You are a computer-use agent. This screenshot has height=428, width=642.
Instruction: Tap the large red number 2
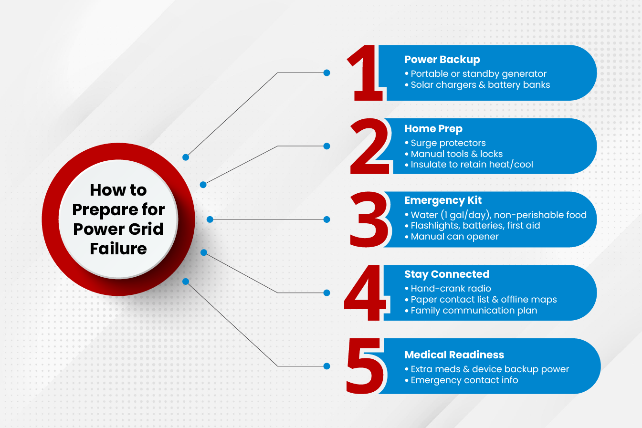pos(370,146)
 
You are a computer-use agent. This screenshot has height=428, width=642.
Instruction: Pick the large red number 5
pos(365,366)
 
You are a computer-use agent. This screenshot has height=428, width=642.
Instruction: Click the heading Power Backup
pos(442,60)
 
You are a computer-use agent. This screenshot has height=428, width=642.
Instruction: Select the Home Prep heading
pos(433,129)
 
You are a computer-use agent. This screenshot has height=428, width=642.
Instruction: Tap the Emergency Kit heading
pos(443,200)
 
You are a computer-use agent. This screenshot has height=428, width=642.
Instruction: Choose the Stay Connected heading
pos(447,274)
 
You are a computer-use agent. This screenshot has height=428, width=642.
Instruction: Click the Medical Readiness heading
pos(454,355)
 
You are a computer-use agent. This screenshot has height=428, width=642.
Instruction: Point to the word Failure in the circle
pos(118,249)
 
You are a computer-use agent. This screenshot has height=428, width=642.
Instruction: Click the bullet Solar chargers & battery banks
pos(477,85)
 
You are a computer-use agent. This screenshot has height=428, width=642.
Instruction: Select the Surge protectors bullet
pos(445,143)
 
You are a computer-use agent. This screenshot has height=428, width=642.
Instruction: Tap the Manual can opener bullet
pos(452,237)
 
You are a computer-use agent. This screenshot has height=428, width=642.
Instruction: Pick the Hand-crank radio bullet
pos(448,289)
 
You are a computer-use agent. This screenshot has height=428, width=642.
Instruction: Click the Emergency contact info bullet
pos(462,380)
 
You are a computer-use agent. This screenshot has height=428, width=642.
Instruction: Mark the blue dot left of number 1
pos(327,73)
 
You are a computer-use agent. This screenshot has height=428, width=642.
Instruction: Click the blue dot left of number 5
pos(327,366)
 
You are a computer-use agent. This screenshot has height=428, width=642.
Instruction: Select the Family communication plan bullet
pos(471,311)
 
